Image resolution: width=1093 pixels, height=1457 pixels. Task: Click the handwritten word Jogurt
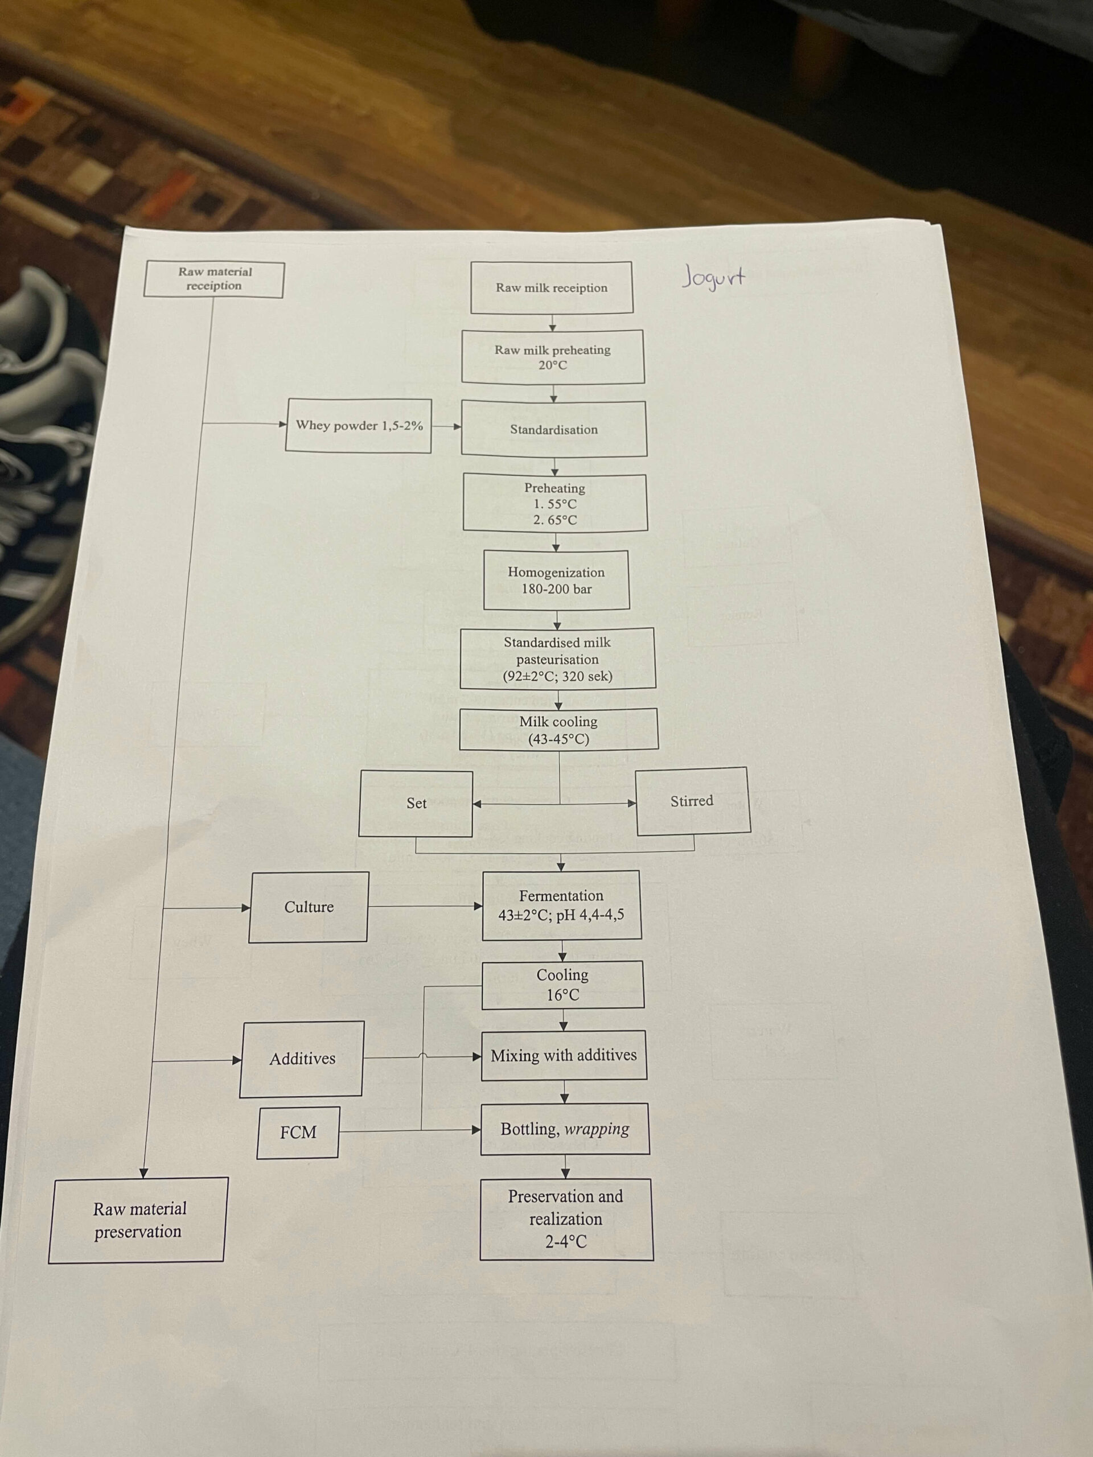pos(713,277)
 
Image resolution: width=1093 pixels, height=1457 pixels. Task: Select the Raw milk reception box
pos(552,288)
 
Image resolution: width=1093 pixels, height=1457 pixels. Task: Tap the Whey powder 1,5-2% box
pos(359,426)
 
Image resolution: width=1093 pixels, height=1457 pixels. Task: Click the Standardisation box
pos(553,430)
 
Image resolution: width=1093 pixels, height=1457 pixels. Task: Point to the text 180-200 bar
pos(557,589)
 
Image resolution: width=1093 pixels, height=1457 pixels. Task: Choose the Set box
pos(416,803)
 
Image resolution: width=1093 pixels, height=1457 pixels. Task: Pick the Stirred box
pos(692,801)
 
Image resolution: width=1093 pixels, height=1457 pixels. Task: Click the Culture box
pos(309,907)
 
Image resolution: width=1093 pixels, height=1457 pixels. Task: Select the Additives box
pos(302,1059)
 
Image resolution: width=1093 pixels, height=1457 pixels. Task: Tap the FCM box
pos(298,1132)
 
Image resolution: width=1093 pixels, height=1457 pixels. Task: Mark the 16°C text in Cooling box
pos(562,995)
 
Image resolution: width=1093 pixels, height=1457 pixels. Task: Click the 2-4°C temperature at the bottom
pos(565,1242)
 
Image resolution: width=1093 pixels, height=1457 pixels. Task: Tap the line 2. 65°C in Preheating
pos(554,520)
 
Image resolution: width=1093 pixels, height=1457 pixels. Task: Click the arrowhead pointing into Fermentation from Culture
pos(478,906)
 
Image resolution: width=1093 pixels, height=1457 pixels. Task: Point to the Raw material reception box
pos(214,279)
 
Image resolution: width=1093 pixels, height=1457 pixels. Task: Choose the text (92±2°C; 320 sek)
pos(557,676)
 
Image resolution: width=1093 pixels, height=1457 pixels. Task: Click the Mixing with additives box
pos(564,1055)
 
